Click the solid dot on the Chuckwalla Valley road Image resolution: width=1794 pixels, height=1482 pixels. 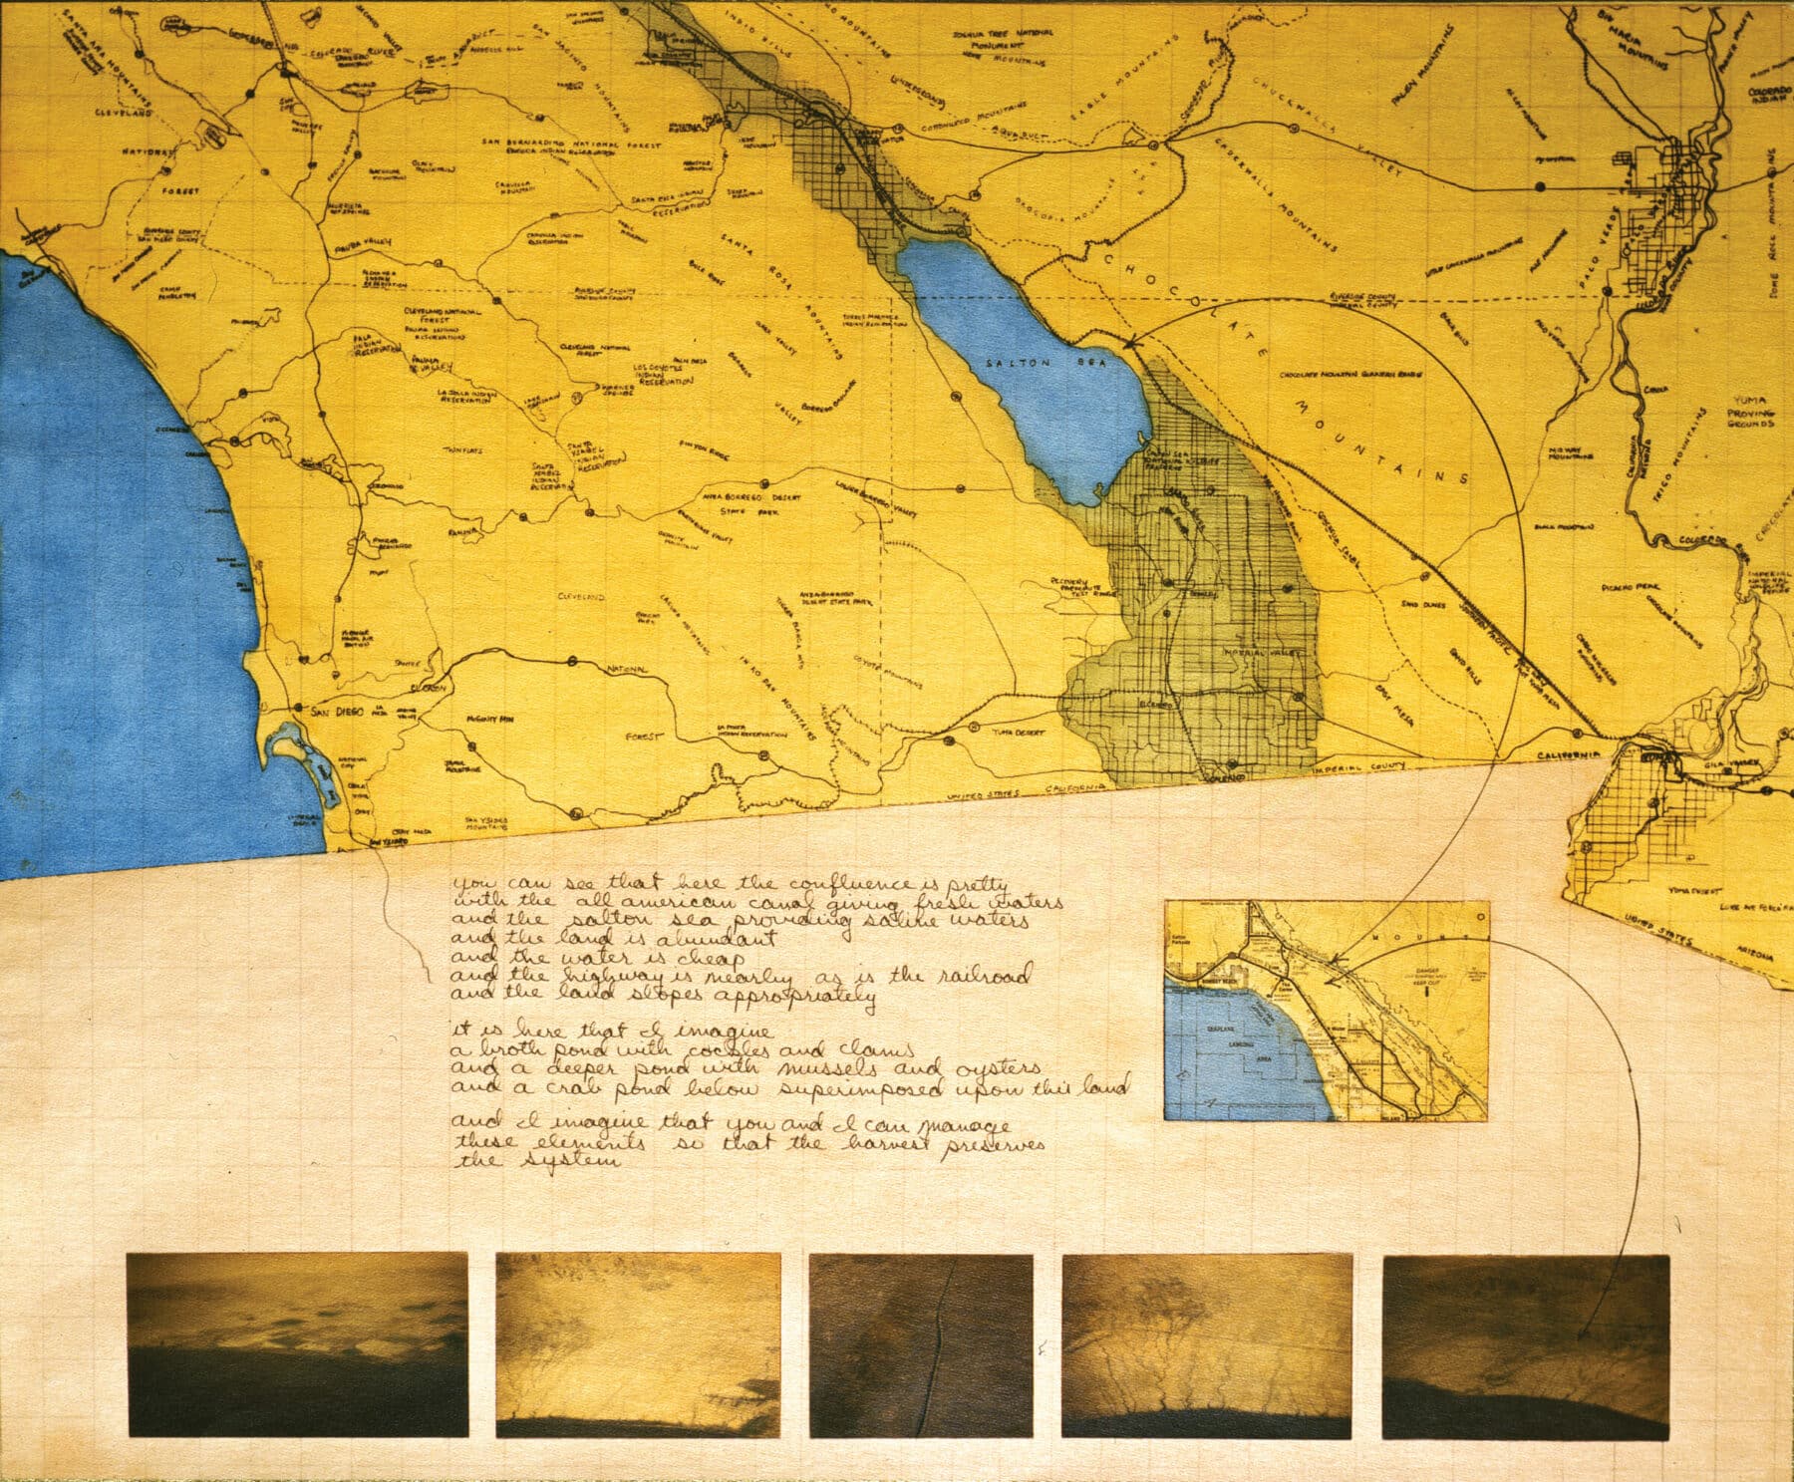point(1540,185)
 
